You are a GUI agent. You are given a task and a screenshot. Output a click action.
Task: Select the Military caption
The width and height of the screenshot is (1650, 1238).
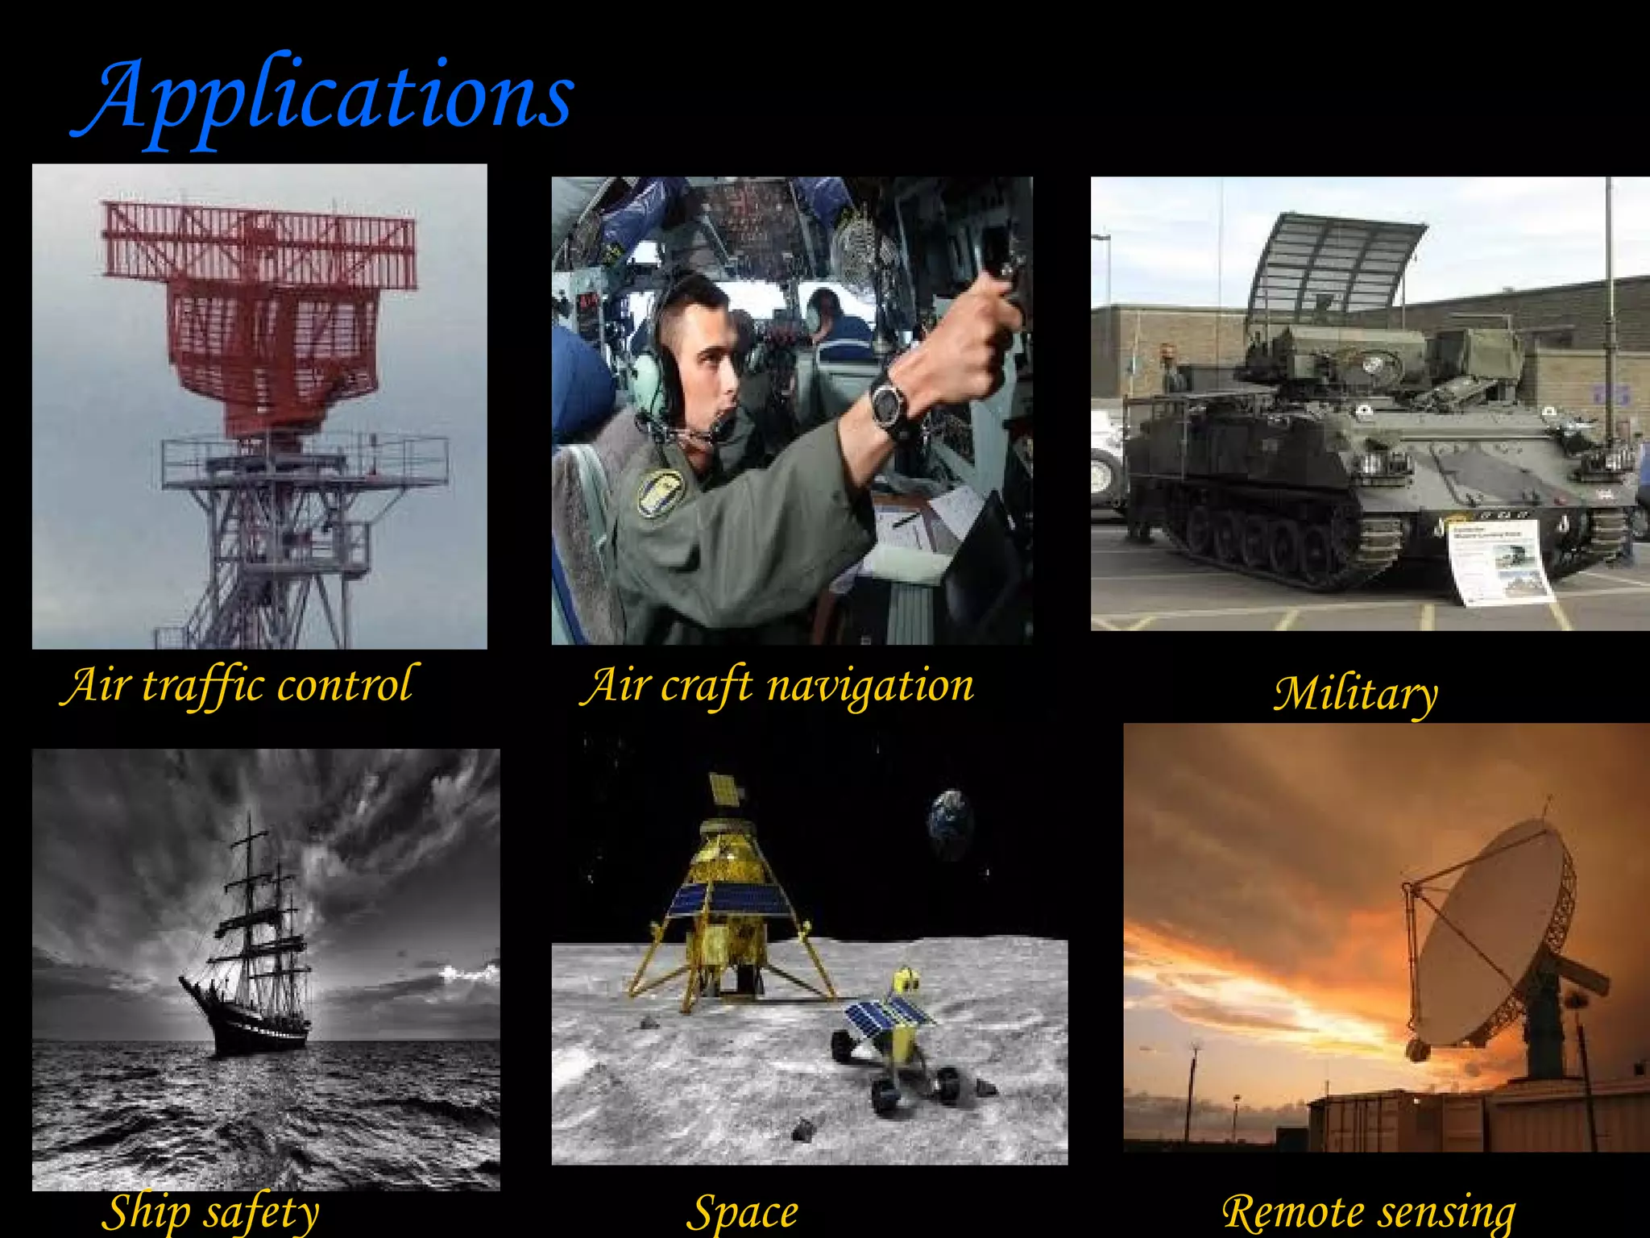click(1355, 693)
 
